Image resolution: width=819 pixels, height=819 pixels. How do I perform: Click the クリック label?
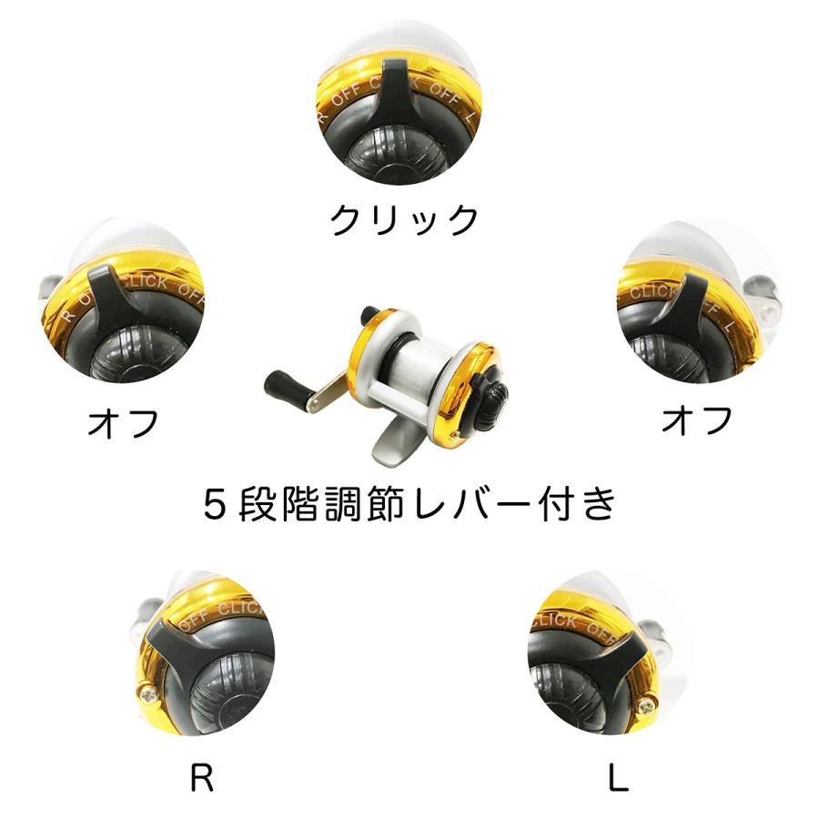click(404, 220)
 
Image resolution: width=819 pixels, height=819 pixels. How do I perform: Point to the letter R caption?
click(202, 779)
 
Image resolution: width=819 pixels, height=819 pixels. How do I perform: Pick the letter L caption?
click(618, 779)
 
